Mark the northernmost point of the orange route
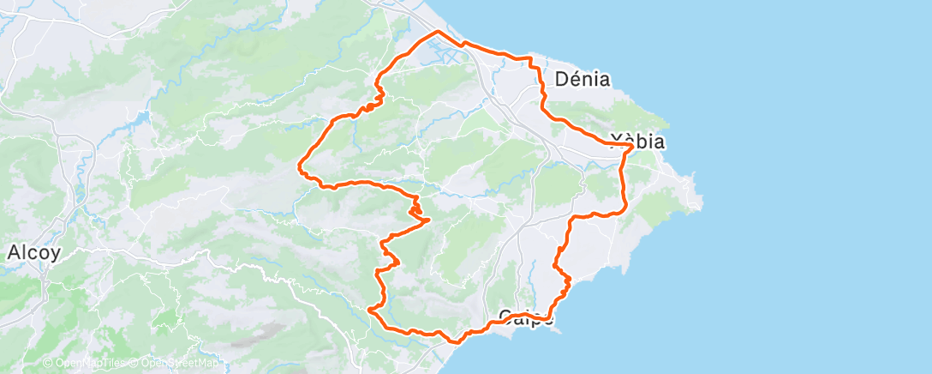[x=438, y=32]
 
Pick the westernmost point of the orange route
[x=298, y=163]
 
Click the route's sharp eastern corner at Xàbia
[x=632, y=147]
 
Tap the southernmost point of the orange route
[x=455, y=341]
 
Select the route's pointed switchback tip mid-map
[x=427, y=220]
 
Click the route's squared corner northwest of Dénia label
[x=531, y=59]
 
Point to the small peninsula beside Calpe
[x=554, y=329]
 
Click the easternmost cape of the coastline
[x=702, y=203]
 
